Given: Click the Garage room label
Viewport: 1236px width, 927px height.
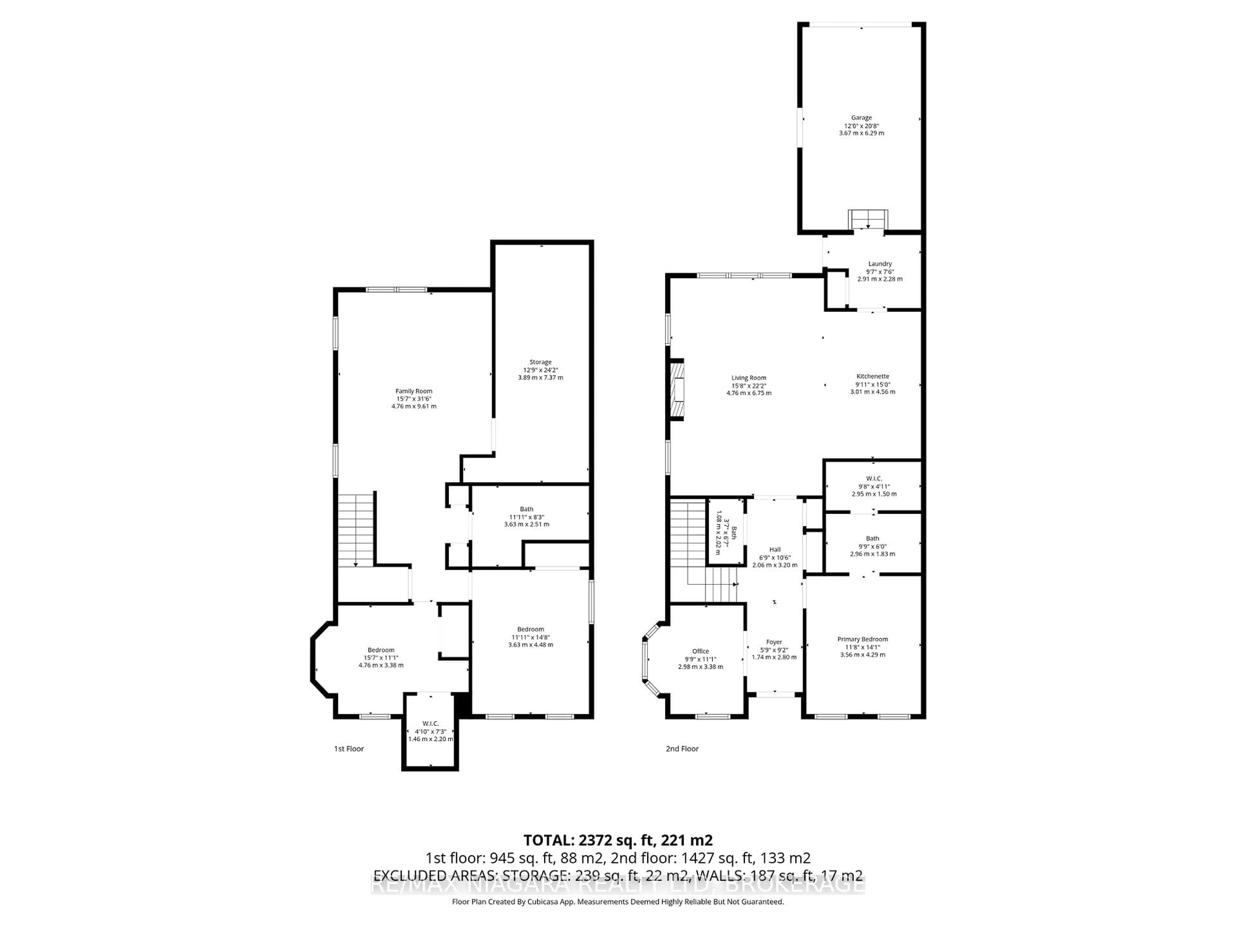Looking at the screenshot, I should [x=861, y=118].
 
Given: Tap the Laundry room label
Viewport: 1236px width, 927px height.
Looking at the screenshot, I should [x=879, y=264].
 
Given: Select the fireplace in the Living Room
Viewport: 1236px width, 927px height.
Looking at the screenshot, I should [x=677, y=389].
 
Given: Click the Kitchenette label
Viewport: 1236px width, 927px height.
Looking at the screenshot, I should [x=872, y=377].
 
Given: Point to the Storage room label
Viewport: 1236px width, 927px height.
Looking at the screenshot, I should [x=540, y=362].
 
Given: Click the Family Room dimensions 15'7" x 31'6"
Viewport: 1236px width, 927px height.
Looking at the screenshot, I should [x=414, y=399].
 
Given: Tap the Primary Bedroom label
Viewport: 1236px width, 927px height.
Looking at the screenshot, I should [x=862, y=639].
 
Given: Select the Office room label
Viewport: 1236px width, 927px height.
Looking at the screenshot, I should [x=700, y=651].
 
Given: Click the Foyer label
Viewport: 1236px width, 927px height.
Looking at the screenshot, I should [x=774, y=642].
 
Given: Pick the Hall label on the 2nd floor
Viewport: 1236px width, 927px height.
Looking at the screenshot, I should [x=774, y=549].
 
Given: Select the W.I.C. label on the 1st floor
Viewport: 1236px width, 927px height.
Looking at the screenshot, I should [x=430, y=724].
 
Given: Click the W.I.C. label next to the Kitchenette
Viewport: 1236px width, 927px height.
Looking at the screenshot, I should [x=874, y=478].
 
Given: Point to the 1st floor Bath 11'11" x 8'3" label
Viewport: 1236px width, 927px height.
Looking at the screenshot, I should [x=526, y=509].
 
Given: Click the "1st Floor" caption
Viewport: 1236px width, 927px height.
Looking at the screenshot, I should [x=349, y=749].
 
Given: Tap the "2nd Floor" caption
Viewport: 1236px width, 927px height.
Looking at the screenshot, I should [x=682, y=749].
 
